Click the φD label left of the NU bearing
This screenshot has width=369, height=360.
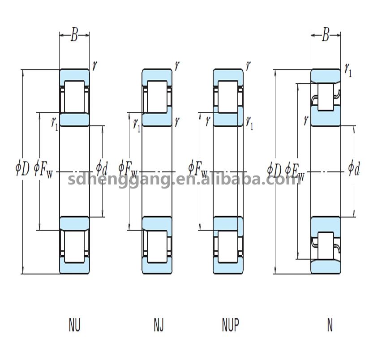click(22, 169)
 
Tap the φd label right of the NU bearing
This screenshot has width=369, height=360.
click(102, 169)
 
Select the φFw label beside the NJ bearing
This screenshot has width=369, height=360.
click(128, 169)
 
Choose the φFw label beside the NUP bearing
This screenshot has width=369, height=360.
click(197, 169)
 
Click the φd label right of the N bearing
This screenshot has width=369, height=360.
click(354, 169)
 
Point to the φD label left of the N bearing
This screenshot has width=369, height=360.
click(274, 169)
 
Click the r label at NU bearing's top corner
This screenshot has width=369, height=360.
click(94, 66)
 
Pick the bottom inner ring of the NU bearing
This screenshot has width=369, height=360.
click(74, 223)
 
